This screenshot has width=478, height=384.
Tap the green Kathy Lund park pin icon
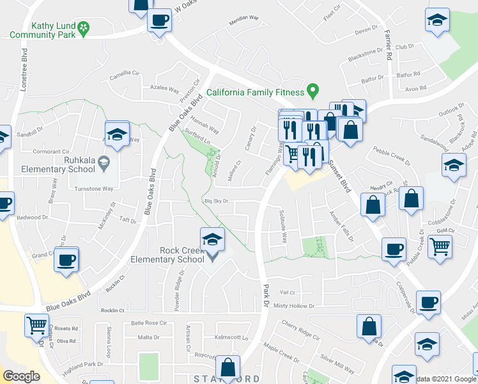point(84,28)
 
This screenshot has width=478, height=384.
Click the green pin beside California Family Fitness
point(312,92)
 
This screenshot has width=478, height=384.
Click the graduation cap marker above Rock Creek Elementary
point(212,240)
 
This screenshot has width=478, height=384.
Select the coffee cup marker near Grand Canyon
point(66,260)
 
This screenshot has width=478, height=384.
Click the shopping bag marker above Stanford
point(228,367)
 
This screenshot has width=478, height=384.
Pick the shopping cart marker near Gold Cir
point(439,246)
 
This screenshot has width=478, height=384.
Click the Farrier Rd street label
point(388,45)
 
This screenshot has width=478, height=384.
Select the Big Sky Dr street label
point(216,201)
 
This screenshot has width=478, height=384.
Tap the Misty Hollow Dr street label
point(295,306)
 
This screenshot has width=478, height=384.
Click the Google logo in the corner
point(21,376)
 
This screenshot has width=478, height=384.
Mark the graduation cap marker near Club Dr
point(437,20)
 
